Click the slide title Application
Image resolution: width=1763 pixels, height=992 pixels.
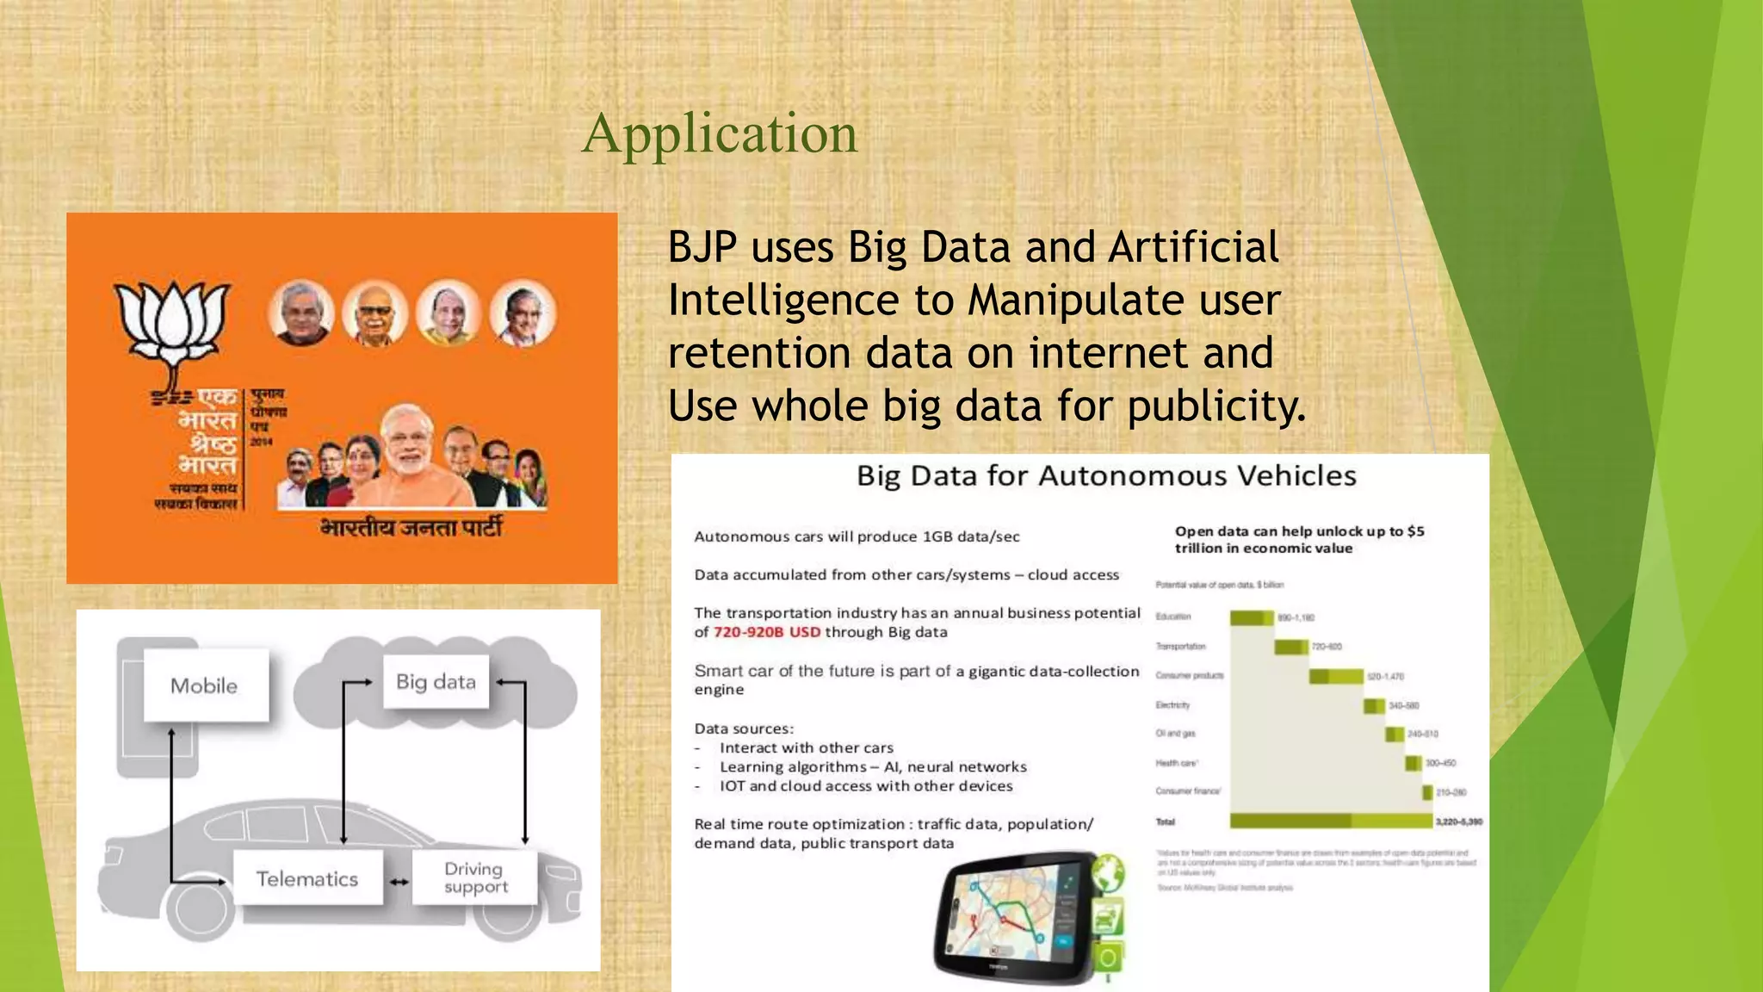pyautogui.click(x=720, y=134)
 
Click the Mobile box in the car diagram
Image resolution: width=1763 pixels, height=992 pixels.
pyautogui.click(x=205, y=685)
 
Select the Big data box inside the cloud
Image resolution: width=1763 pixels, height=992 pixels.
pyautogui.click(x=436, y=682)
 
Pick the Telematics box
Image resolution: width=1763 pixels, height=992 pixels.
pyautogui.click(x=307, y=878)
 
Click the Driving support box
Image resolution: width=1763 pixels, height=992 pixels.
pyautogui.click(x=475, y=877)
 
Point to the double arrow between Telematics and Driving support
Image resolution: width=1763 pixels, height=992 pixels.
pyautogui.click(x=399, y=882)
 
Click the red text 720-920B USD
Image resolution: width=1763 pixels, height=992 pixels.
pyautogui.click(x=766, y=632)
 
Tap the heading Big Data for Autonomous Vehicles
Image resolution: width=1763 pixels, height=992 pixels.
pyautogui.click(x=1105, y=476)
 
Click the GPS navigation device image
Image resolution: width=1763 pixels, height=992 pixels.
pyautogui.click(x=1016, y=917)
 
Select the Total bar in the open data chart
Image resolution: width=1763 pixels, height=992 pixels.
pyautogui.click(x=1330, y=821)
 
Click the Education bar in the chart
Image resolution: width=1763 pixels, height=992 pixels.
pyautogui.click(x=1251, y=617)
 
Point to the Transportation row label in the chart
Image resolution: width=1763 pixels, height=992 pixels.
pyautogui.click(x=1180, y=646)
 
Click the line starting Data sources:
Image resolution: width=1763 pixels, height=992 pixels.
pyautogui.click(x=744, y=728)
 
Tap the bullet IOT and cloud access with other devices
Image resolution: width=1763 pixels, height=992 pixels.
pyautogui.click(x=865, y=785)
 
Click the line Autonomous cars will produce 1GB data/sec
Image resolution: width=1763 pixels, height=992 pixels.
pyautogui.click(x=857, y=536)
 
